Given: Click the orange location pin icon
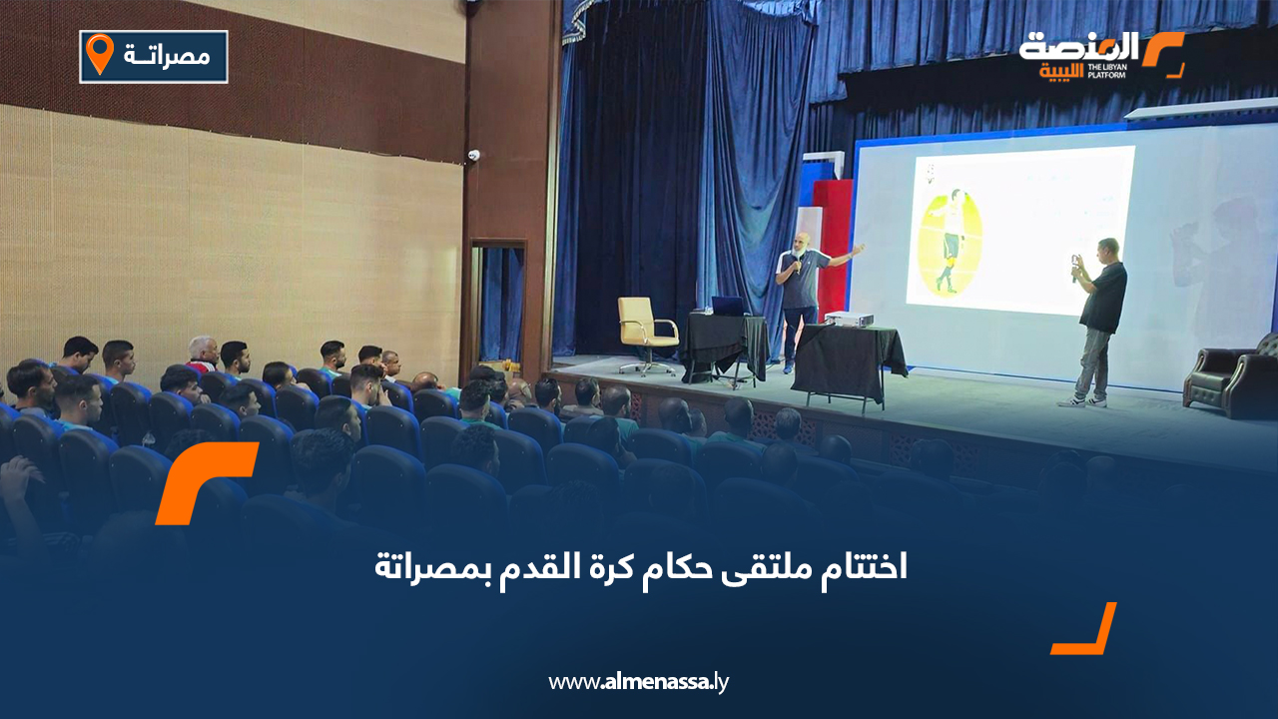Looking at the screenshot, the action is coord(100,53).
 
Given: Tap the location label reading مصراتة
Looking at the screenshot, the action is coord(167,56).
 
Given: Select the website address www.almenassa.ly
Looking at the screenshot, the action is coord(638,682).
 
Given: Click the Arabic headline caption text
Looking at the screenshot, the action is coord(641,566).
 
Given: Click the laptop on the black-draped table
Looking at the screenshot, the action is coord(729,307).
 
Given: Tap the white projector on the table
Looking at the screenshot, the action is coord(849,319).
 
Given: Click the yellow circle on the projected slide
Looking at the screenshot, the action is coord(952,243).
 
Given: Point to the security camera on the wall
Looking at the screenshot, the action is coord(473,155).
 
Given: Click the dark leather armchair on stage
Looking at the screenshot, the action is coord(1232,376).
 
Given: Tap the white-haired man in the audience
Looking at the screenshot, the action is coord(203,353).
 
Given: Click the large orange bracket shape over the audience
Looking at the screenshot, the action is coord(206,482).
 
